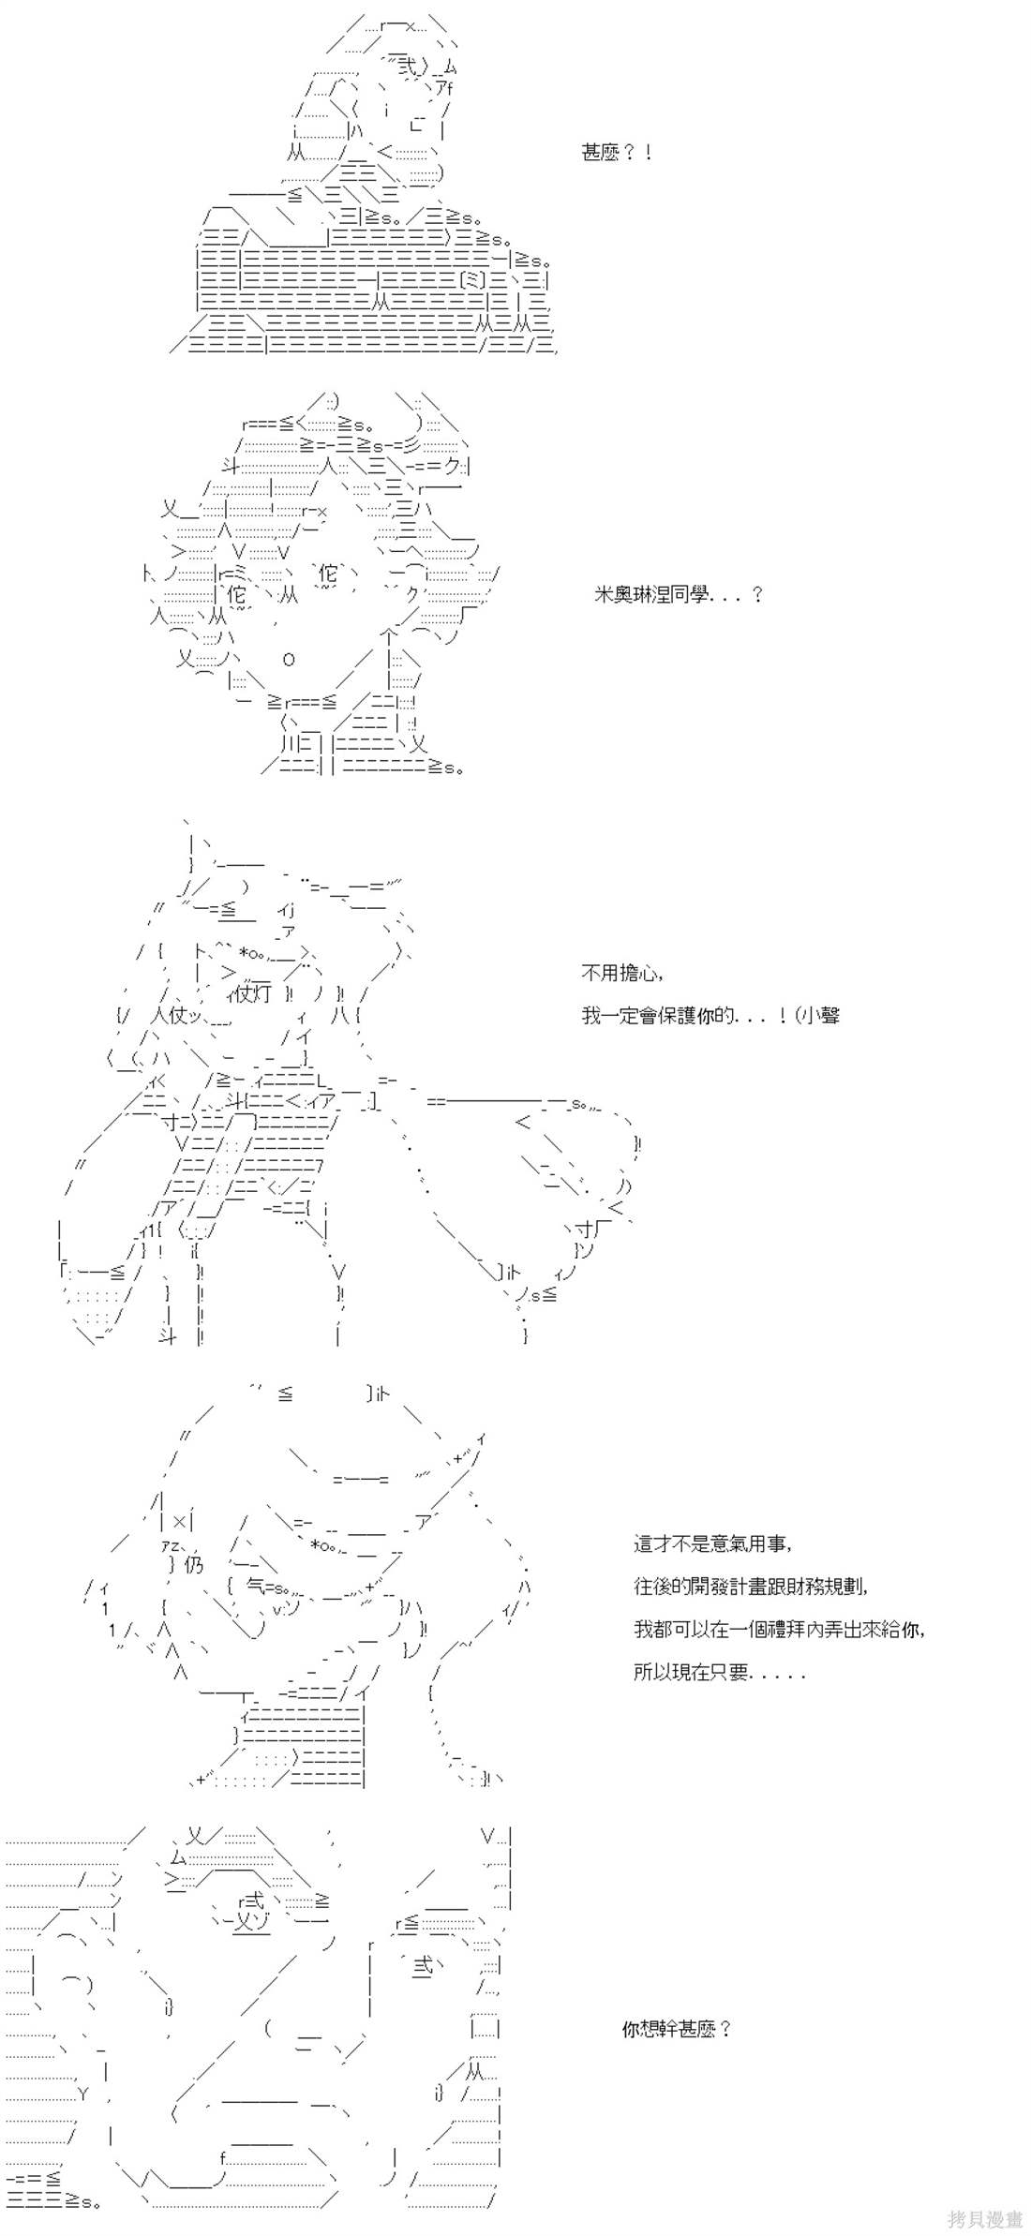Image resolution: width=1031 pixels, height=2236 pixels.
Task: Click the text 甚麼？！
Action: point(617,153)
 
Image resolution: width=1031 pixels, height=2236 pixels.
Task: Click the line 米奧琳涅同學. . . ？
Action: point(680,594)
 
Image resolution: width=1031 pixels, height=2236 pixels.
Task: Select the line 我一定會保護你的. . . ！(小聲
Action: point(710,1016)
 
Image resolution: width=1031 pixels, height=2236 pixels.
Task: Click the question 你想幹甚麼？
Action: point(677,2029)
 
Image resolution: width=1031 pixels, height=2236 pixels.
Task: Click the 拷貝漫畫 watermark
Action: point(984,2218)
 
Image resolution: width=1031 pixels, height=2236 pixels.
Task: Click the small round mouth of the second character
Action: point(289,659)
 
